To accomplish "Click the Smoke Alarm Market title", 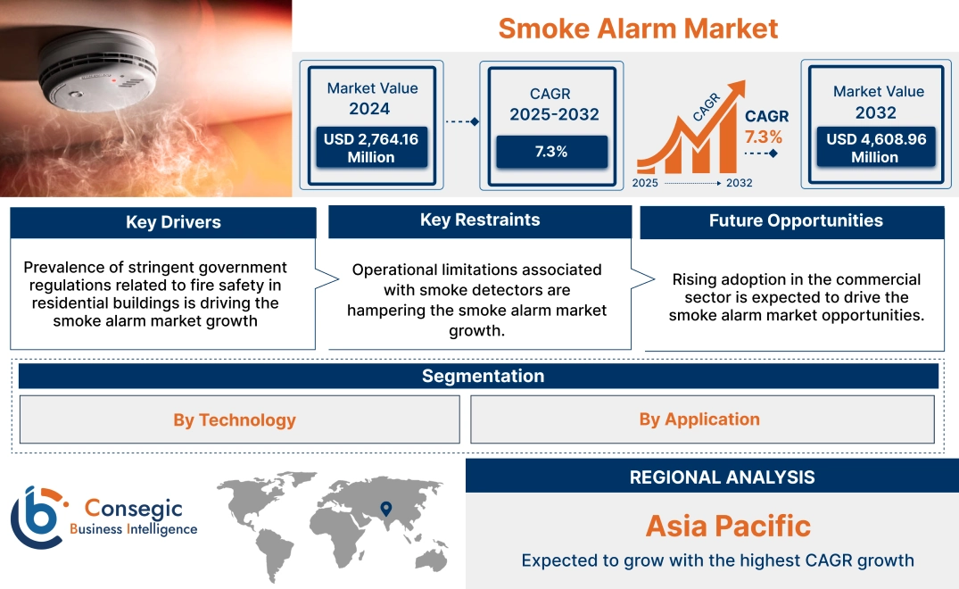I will [x=638, y=28].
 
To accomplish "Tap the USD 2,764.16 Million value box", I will [x=371, y=147].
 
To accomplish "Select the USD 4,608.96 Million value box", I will [x=874, y=147].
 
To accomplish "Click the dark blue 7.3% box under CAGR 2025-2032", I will [x=551, y=152].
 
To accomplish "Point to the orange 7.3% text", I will [x=763, y=137].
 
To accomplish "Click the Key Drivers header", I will [x=173, y=222].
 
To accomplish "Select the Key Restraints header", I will [x=480, y=220].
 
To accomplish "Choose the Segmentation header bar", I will [x=483, y=376].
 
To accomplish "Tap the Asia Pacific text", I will [x=728, y=526].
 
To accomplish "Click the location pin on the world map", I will [x=385, y=509].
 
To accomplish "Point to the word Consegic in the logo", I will [x=133, y=509].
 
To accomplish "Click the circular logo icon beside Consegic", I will [x=37, y=518].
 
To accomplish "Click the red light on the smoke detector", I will [x=114, y=79].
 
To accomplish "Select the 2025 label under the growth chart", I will [x=646, y=183].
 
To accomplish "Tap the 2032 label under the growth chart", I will [x=740, y=183].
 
